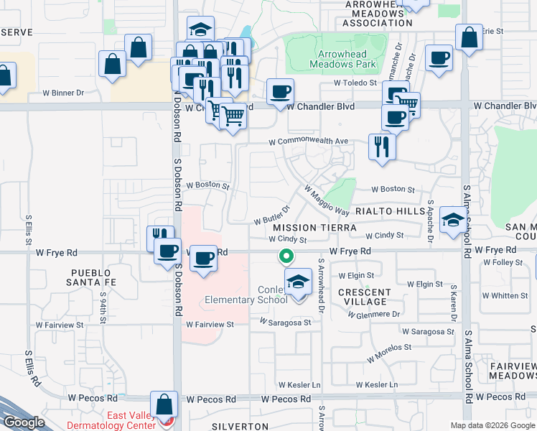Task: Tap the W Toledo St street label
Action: (x=355, y=83)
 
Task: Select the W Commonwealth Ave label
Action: (x=308, y=141)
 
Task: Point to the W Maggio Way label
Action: (x=327, y=201)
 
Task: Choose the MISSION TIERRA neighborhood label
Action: (x=314, y=227)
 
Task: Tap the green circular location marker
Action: (x=286, y=255)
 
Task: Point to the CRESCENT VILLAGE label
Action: (x=365, y=297)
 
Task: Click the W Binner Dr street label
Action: (x=63, y=93)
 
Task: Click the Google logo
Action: (x=23, y=422)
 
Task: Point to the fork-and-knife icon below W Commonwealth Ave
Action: (x=381, y=147)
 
